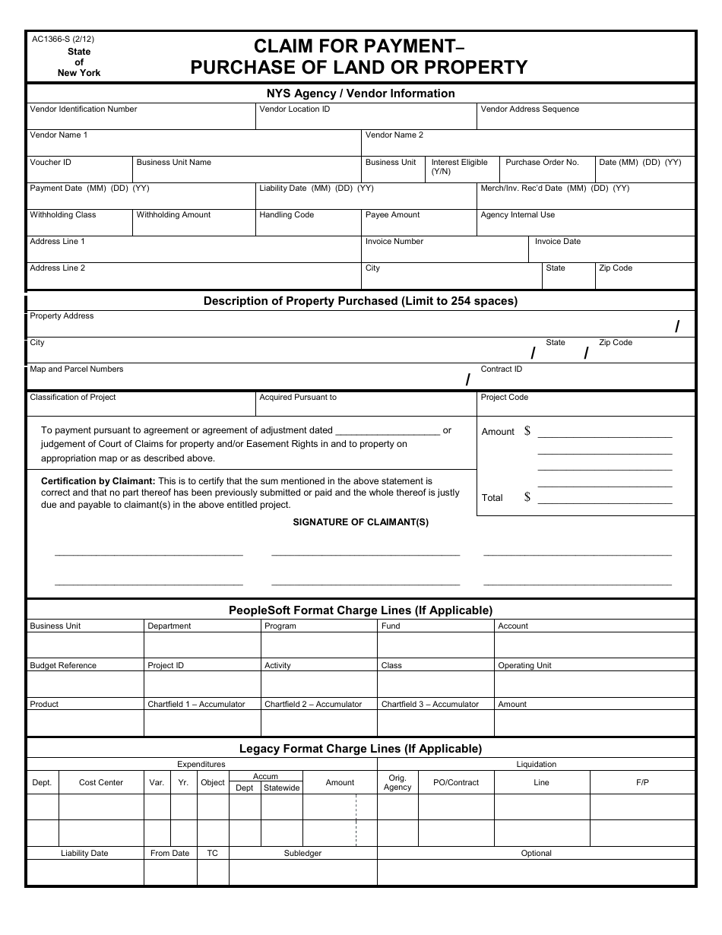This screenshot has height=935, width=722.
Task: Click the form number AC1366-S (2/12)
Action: pos(63,40)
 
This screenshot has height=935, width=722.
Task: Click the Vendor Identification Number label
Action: pos(84,109)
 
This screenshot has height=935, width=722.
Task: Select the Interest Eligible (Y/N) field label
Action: pos(459,166)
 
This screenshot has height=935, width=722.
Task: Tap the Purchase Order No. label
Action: pos(542,163)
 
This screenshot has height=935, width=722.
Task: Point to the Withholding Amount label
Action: pos(173,215)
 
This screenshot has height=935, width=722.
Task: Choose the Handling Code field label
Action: pos(287,215)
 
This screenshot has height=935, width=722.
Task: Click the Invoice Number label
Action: pos(394,242)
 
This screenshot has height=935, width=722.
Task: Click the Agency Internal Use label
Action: pos(518,215)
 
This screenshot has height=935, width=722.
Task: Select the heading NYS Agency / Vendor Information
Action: pos(360,93)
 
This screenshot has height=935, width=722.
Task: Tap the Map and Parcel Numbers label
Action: pos(76,369)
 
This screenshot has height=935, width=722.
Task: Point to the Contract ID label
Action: pos(502,369)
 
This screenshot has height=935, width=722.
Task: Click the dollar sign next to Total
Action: pos(527,497)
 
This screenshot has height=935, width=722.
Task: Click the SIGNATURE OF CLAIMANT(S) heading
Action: pos(361,522)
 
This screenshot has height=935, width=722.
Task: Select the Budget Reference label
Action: pos(63,666)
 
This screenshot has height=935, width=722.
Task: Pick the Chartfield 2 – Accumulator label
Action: pos(313,705)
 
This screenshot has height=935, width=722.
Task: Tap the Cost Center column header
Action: pos(101,783)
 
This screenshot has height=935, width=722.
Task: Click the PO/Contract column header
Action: pos(456,783)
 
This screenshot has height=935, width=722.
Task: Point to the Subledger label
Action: pos(302,854)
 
